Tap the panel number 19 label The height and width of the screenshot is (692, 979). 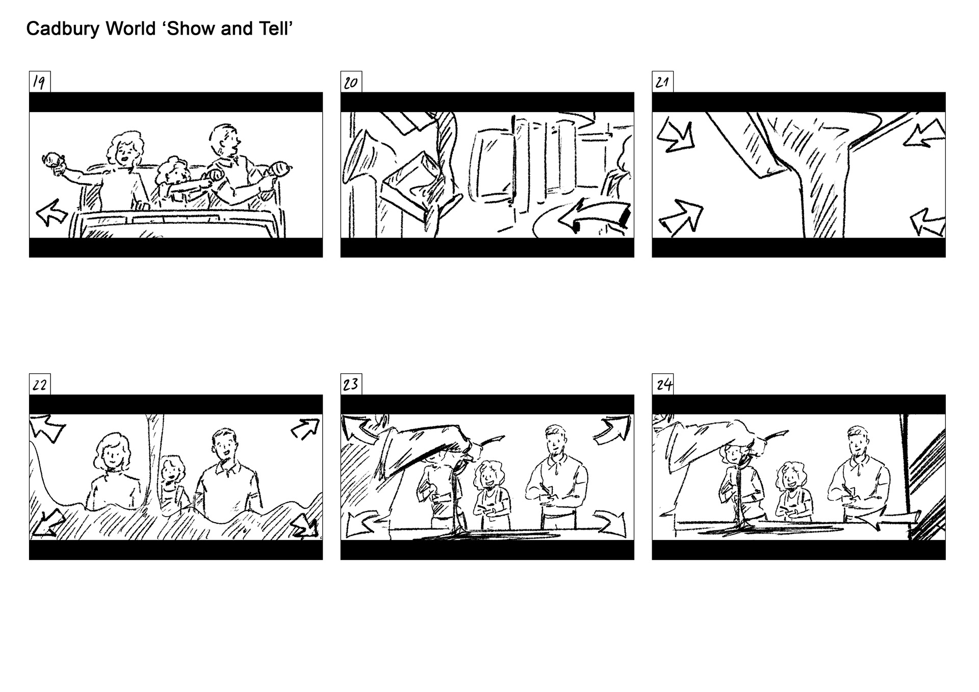pos(39,82)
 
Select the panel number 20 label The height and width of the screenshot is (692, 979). pos(351,82)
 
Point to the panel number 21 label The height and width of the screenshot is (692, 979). pos(662,82)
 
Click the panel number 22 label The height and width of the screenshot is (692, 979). pos(39,385)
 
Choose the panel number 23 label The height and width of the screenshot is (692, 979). pos(351,385)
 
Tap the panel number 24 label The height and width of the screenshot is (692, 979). pos(662,385)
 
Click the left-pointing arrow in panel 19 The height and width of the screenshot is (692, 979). pos(51,212)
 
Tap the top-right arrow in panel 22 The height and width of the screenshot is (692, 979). pos(305,428)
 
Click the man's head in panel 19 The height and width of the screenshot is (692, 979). pos(224,139)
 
